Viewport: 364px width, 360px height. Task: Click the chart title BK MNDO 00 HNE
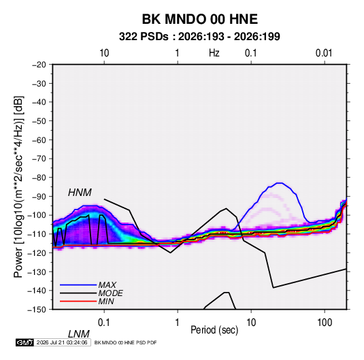point(199,19)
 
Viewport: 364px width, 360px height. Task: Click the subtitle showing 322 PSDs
point(199,37)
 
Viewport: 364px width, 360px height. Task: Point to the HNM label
point(80,193)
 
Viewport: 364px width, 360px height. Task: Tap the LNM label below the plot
point(78,334)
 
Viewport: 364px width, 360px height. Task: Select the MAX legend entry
point(107,284)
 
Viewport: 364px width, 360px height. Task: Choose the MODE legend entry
point(110,293)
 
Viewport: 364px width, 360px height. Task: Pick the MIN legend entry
point(106,301)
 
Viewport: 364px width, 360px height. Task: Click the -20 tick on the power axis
point(39,65)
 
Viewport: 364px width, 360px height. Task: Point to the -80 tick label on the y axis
point(39,178)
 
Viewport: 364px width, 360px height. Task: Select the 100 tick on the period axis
point(325,323)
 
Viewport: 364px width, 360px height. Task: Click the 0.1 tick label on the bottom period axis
point(104,323)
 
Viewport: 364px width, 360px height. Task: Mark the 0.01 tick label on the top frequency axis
point(324,53)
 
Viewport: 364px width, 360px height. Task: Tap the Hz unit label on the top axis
point(214,53)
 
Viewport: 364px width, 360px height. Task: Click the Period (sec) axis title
point(214,330)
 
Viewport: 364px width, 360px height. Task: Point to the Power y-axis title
point(18,187)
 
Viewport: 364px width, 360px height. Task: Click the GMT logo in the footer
point(25,342)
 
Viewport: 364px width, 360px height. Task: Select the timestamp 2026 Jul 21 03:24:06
point(62,342)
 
